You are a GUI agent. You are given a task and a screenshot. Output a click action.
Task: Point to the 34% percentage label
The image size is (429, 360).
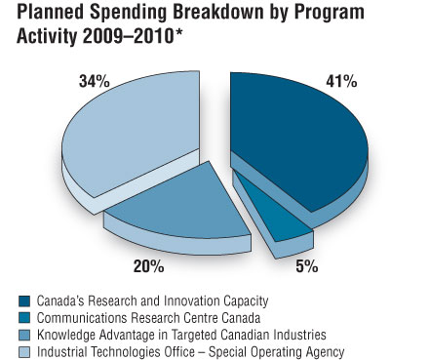coord(94,82)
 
